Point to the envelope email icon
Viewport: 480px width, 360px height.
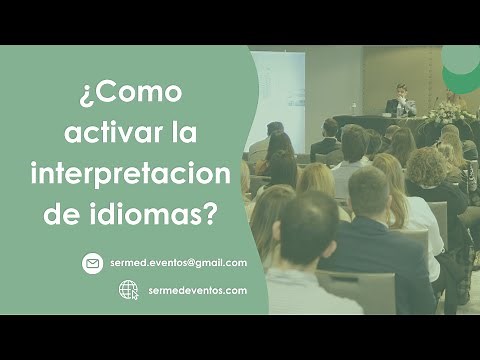[93, 263]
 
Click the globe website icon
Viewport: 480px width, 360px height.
[129, 290]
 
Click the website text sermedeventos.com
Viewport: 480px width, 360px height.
[197, 290]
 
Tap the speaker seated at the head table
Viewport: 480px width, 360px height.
[401, 101]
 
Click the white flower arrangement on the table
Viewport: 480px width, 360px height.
[443, 112]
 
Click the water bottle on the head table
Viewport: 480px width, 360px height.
[353, 108]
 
